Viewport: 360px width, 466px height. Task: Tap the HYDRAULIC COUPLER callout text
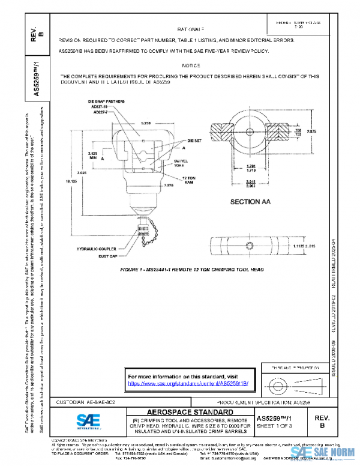[x=97, y=248]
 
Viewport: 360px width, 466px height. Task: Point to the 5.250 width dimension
[x=145, y=123]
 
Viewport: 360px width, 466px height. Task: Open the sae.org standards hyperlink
[x=189, y=383]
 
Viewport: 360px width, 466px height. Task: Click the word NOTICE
[x=190, y=64]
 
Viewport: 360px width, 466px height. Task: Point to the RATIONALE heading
[x=191, y=28]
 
